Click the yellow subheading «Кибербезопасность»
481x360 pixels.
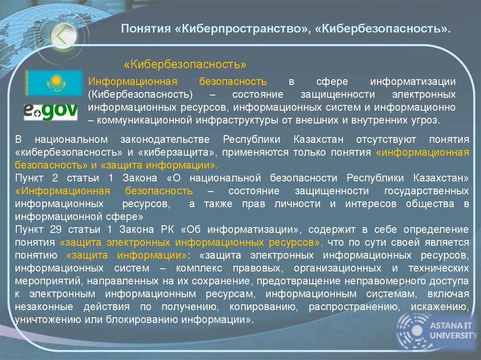pyautogui.click(x=185, y=63)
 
